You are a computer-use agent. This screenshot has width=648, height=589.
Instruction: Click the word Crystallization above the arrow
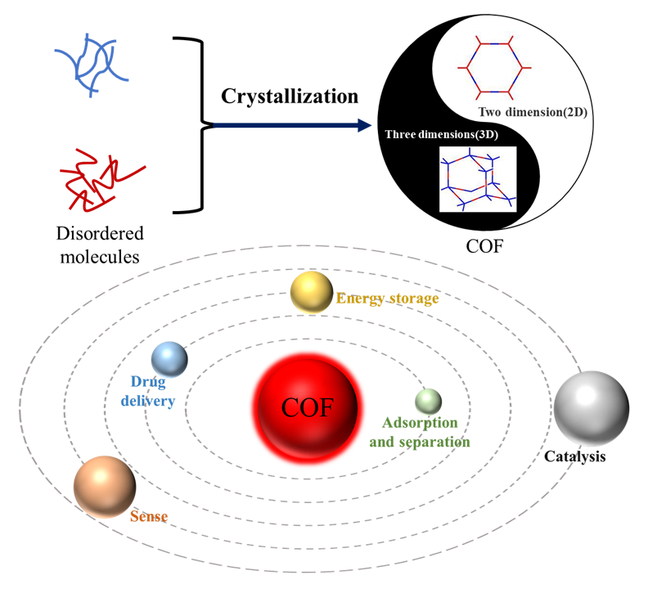pyautogui.click(x=290, y=97)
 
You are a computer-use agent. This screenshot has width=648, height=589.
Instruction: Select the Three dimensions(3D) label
pyautogui.click(x=441, y=133)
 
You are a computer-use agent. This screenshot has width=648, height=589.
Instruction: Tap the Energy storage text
pyautogui.click(x=388, y=299)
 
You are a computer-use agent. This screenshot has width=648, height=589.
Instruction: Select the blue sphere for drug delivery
pyautogui.click(x=169, y=358)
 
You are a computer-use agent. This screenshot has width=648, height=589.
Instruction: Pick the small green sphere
pyautogui.click(x=428, y=401)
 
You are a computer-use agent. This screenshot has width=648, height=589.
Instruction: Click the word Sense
pyautogui.click(x=148, y=516)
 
